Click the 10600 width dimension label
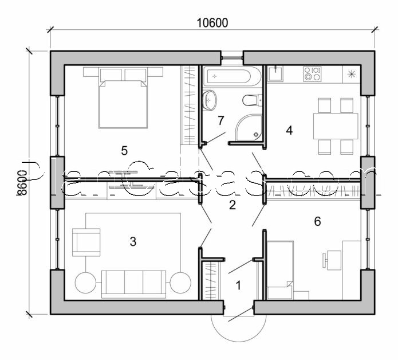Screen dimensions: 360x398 click(212, 23)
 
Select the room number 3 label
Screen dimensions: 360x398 click(133, 241)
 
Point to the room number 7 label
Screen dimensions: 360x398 click(221, 120)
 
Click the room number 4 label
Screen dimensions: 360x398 click(289, 130)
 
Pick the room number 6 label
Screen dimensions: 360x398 click(317, 221)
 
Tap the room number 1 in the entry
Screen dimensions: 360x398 click(239, 283)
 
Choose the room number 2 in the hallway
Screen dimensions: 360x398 click(232, 205)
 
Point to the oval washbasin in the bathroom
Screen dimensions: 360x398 click(210, 100)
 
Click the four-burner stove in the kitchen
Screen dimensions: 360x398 click(312, 73)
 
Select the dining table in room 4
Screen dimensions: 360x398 click(334, 124)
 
